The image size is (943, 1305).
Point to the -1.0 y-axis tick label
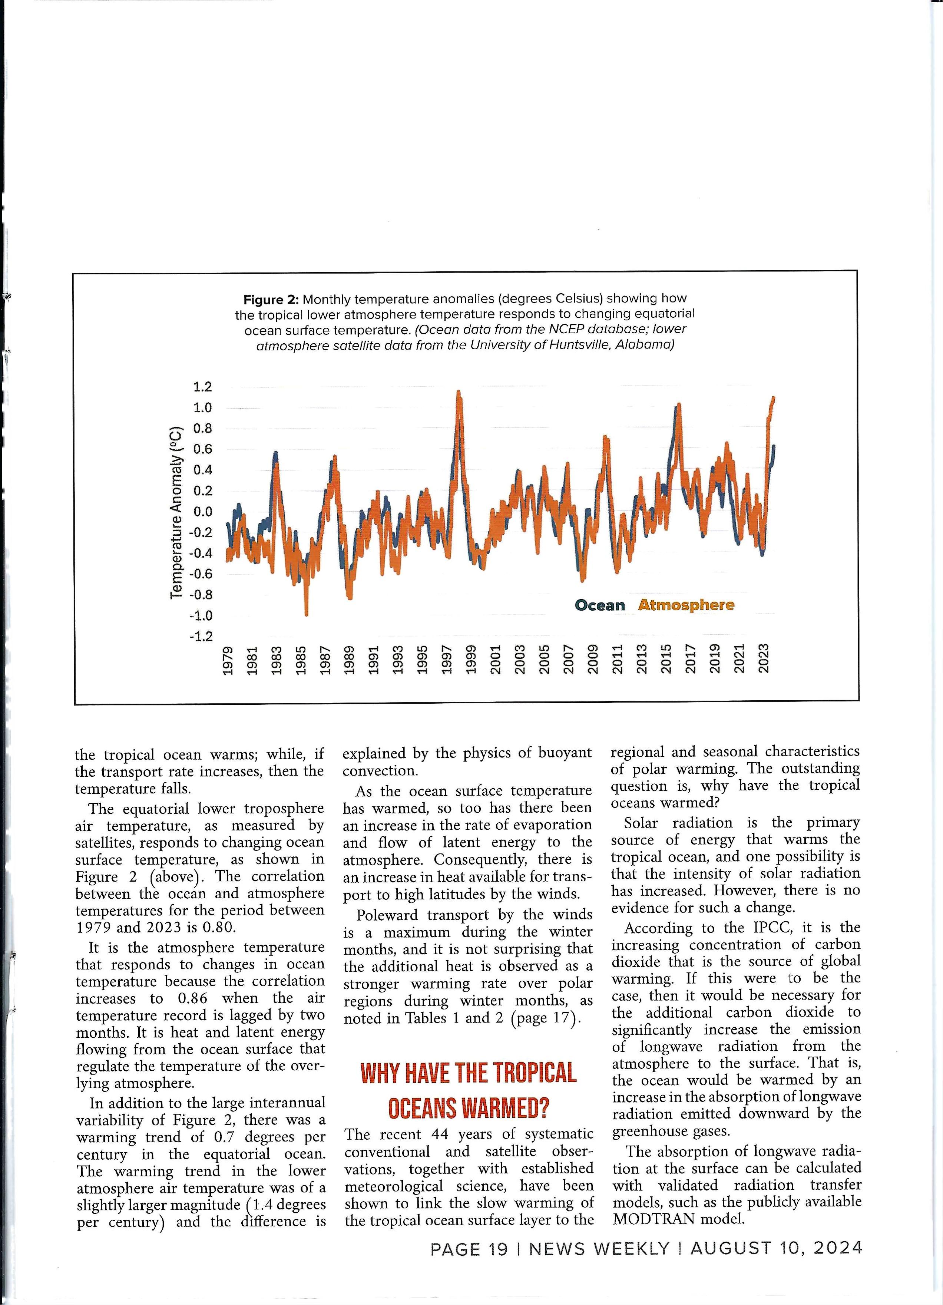click(x=201, y=616)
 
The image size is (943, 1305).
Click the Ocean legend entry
click(x=599, y=605)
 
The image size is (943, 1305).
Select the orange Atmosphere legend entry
click(x=686, y=605)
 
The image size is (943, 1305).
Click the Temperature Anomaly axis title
click(x=177, y=512)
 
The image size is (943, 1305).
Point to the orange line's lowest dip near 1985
click(x=306, y=615)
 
